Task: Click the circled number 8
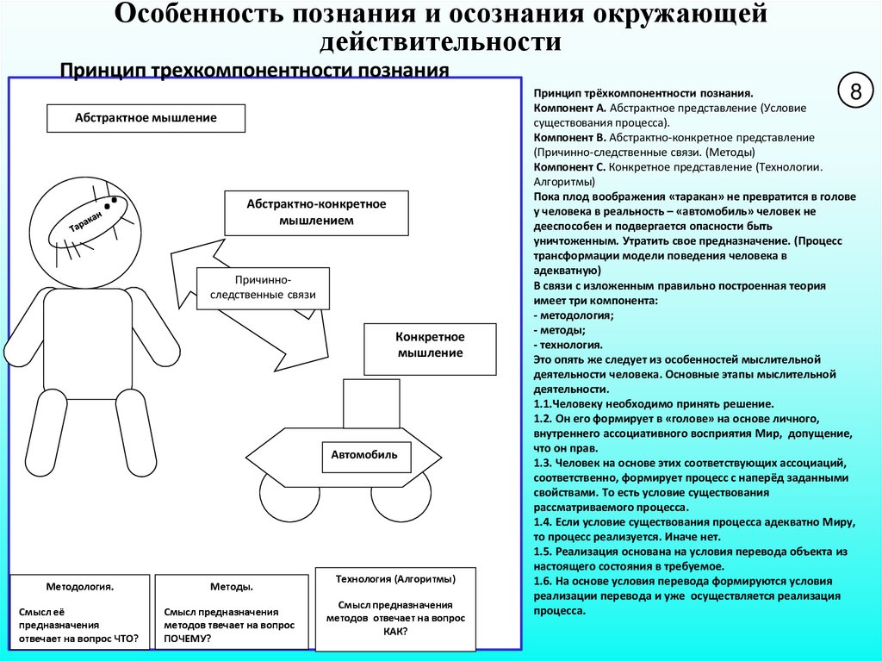pyautogui.click(x=856, y=93)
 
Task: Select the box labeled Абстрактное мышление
pyautogui.click(x=146, y=118)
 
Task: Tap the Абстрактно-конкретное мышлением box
pyautogui.click(x=316, y=213)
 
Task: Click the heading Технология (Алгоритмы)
pyautogui.click(x=395, y=578)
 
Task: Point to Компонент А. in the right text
pyautogui.click(x=569, y=109)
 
